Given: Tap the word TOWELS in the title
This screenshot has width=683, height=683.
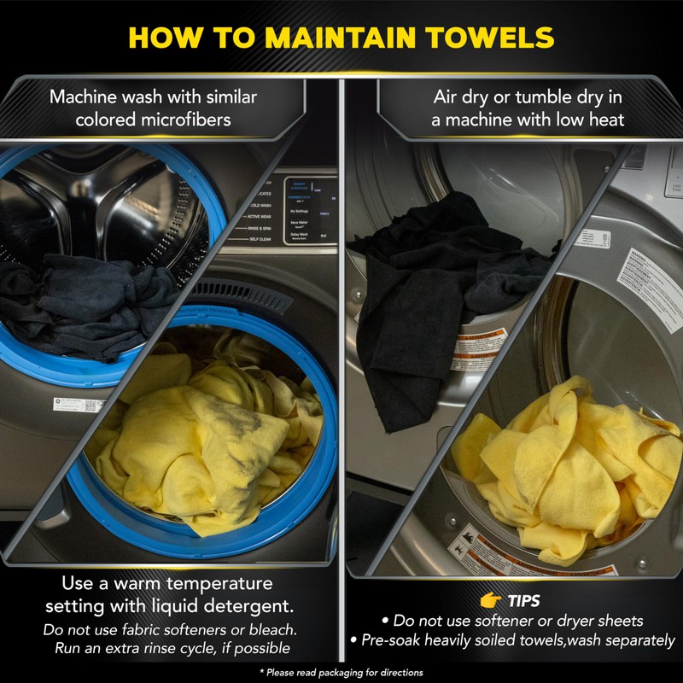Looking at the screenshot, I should [493, 38].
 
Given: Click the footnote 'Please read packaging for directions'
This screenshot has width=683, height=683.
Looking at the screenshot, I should [341, 673].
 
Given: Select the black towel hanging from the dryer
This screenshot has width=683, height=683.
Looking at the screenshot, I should [427, 273].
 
